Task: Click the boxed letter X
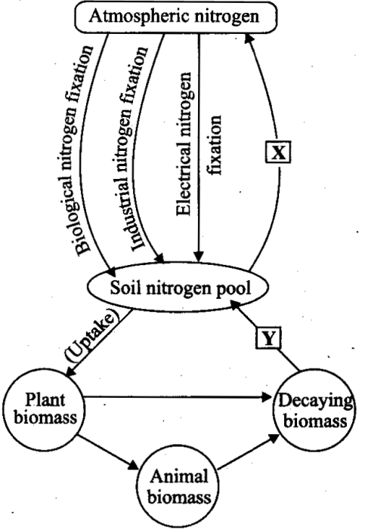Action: tap(278, 153)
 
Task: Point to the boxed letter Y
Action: tap(268, 337)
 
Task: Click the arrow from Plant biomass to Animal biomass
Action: tap(108, 452)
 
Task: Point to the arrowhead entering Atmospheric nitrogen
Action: tap(249, 38)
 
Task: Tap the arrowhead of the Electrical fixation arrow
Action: tap(199, 257)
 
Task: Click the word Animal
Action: tap(179, 477)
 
